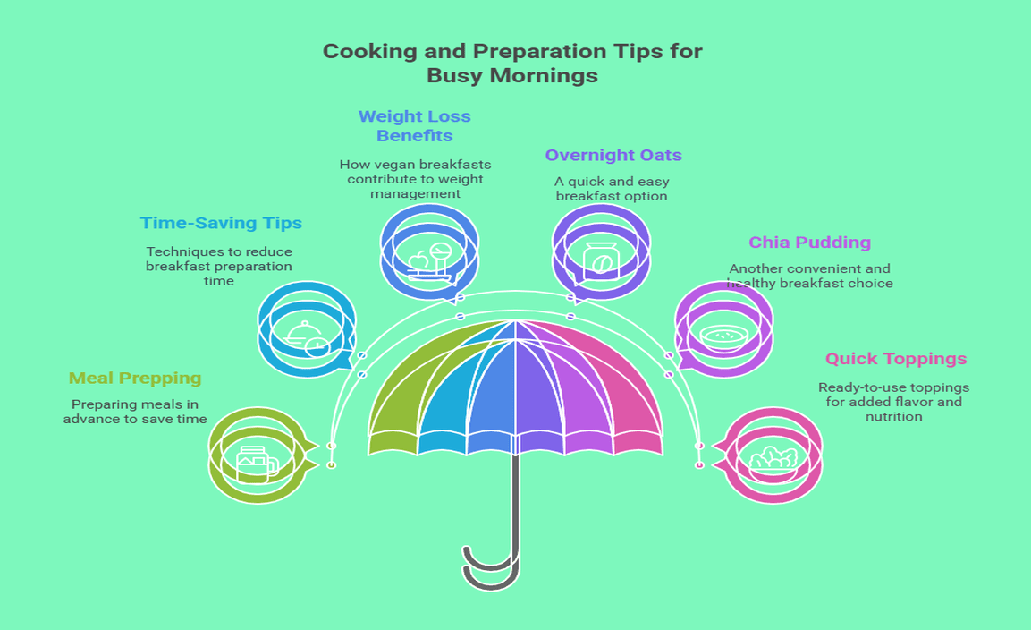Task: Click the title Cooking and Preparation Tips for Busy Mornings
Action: pos(512,63)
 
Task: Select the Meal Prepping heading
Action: pos(135,379)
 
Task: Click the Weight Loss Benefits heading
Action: pos(414,126)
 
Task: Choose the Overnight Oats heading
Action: pos(613,155)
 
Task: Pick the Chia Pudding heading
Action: pos(809,243)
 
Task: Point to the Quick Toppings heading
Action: pos(895,359)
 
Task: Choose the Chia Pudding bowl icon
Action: pos(723,336)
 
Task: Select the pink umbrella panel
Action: pos(626,394)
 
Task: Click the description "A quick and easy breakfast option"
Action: pos(612,189)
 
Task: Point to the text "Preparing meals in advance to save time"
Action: pos(135,412)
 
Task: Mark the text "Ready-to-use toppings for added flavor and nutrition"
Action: pos(893,402)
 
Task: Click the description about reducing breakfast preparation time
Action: pos(219,266)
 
